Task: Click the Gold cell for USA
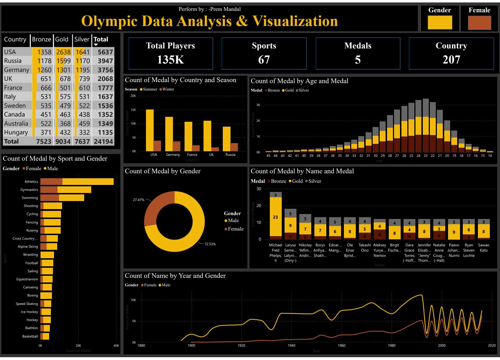coord(64,52)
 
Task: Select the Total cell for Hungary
coord(105,132)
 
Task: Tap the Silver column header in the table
coord(82,39)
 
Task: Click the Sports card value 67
coord(264,60)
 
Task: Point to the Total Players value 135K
coord(171,60)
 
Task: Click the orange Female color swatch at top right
coord(479,23)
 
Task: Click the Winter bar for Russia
coord(234,147)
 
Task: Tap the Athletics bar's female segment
coord(51,181)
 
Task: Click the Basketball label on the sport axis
coord(30,336)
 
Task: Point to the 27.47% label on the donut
coord(138,200)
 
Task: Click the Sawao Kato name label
coord(484,248)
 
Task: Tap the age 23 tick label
coord(426,155)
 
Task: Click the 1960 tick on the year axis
coord(341,346)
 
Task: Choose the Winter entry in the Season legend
coord(168,89)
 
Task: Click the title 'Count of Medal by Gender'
coord(163,171)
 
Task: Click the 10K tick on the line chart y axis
coord(133,300)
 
